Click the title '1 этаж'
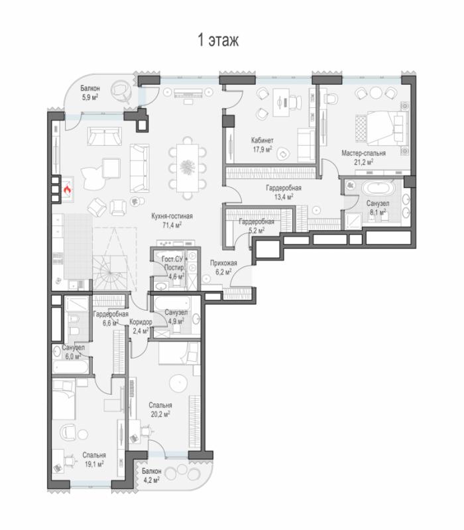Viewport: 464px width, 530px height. point(218,40)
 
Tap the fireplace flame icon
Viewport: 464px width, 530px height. point(68,190)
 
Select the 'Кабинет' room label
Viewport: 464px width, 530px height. point(262,140)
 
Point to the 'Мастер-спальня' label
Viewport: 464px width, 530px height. point(363,153)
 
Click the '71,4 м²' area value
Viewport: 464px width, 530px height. point(172,225)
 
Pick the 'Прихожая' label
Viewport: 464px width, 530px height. point(223,263)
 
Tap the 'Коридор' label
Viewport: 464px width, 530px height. point(141,322)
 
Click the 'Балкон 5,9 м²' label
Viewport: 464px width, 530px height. point(90,93)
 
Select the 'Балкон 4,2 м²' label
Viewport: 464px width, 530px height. point(151,475)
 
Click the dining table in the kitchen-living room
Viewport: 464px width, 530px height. point(187,168)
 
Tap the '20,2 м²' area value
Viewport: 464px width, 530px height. point(160,414)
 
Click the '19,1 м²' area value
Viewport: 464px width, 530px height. point(94,464)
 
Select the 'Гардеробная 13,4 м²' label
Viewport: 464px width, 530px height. point(284,192)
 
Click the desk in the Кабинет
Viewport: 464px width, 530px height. point(281,103)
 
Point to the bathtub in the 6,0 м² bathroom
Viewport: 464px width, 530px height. point(71,367)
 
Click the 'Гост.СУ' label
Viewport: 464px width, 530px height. point(172,259)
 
